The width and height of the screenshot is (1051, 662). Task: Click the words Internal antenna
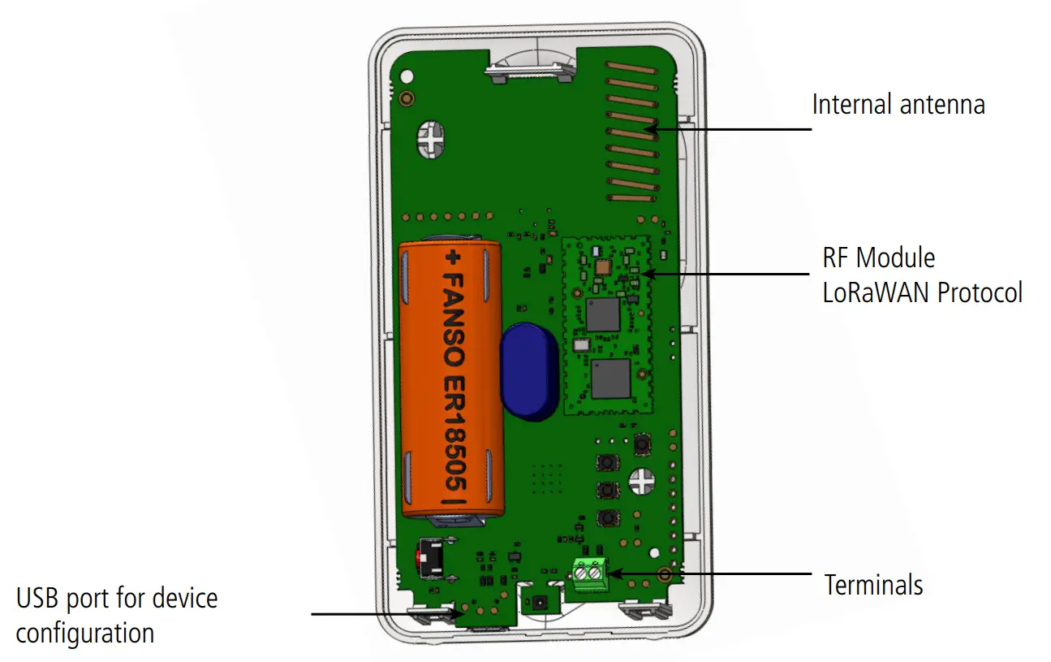point(898,105)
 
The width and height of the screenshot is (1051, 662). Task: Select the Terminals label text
point(873,585)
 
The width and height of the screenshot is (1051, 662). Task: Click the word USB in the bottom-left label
point(41,599)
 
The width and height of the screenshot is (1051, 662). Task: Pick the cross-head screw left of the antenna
point(430,140)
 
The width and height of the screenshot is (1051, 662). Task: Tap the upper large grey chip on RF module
point(602,314)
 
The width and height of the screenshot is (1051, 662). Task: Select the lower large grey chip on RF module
point(611,379)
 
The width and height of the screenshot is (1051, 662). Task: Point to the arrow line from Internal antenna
point(730,128)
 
